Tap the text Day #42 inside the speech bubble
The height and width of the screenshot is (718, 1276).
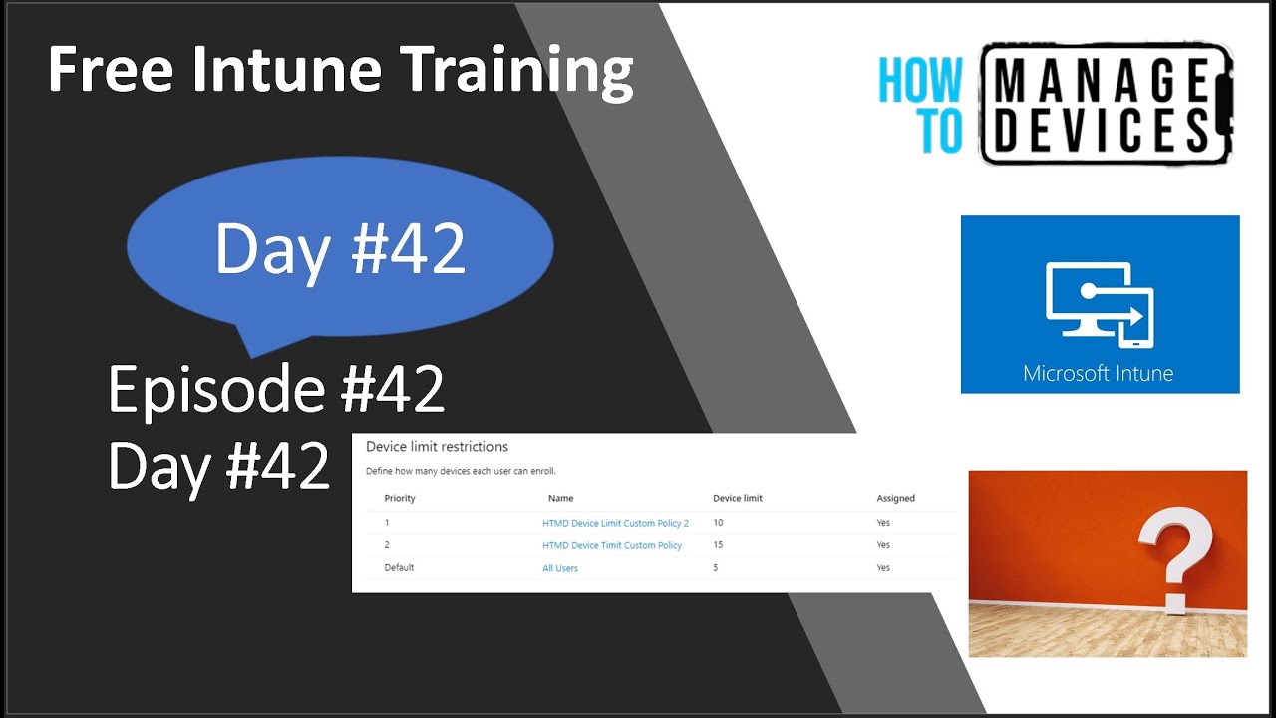point(340,248)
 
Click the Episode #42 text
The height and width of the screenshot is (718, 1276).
point(276,389)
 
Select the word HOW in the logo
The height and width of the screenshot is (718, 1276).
point(921,81)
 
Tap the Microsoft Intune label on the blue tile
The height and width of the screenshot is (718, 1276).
point(1098,374)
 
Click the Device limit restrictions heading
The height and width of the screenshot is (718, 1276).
point(437,447)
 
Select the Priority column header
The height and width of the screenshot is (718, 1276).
point(399,498)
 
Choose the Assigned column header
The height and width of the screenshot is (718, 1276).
point(895,498)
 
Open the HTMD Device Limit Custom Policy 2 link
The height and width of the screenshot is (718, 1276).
point(615,523)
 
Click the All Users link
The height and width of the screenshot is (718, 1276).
point(559,568)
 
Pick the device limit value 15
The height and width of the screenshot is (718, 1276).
point(718,545)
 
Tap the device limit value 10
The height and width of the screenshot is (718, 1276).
point(718,523)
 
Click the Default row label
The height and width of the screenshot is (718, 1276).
point(399,568)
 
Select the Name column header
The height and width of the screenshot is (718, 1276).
point(560,498)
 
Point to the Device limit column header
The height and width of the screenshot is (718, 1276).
point(738,498)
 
